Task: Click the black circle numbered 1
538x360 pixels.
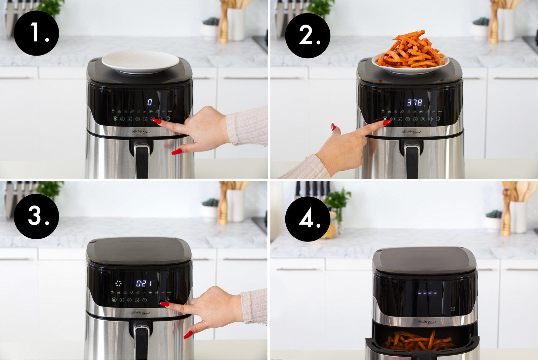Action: tap(36, 33)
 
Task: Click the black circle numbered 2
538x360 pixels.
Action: tap(308, 35)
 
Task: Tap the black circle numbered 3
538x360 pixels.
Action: tap(36, 216)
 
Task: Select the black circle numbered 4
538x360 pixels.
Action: tap(308, 219)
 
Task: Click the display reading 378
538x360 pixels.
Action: tap(415, 102)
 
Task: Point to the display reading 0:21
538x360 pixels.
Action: tap(144, 284)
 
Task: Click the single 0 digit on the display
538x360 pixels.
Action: tap(150, 102)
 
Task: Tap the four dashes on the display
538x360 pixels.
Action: tap(427, 293)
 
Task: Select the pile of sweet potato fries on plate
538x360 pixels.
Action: tap(410, 51)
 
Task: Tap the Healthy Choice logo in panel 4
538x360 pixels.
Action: tap(427, 322)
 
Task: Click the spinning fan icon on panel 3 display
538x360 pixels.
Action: tap(118, 284)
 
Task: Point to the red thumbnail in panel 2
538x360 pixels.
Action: tap(333, 127)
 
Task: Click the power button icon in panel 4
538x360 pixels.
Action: tap(453, 308)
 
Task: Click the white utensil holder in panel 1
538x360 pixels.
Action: tap(236, 24)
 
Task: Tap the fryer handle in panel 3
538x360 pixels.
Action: tap(142, 340)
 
